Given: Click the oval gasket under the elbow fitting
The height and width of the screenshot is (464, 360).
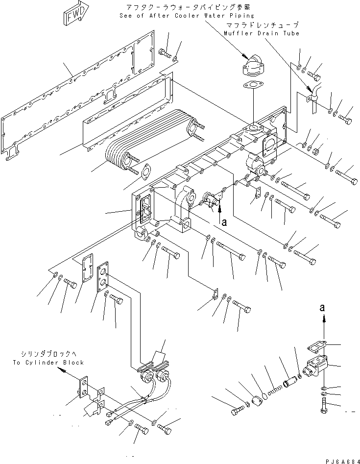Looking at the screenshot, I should click(x=252, y=87).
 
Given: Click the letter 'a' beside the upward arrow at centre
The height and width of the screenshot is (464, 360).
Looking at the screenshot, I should click(x=224, y=222).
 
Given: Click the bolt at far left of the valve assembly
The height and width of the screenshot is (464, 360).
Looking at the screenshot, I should click(x=238, y=410).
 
